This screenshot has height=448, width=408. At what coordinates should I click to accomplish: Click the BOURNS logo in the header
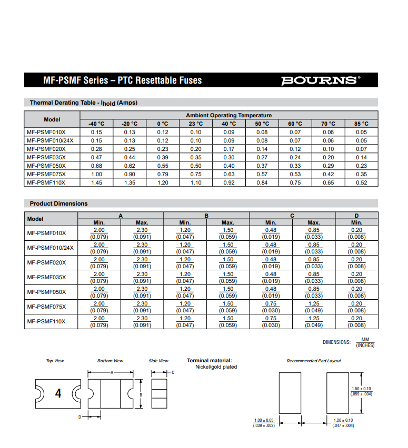pos(321,80)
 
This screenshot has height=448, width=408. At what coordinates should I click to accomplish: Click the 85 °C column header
pos(361,124)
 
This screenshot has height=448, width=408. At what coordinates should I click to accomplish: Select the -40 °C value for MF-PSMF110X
pos(96,182)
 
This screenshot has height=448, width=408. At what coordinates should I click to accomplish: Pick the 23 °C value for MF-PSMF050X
pos(196,166)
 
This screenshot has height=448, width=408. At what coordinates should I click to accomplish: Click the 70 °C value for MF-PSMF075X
pos(328,174)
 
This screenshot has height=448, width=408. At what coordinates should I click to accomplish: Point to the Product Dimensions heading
pos(58,203)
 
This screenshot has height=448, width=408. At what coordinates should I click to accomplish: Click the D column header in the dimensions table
pos(356,216)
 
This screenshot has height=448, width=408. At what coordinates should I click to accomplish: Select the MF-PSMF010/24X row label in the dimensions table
pos(51,247)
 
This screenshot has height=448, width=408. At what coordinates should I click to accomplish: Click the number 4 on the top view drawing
pos(58,393)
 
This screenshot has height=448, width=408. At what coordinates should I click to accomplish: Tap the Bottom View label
pos(110,361)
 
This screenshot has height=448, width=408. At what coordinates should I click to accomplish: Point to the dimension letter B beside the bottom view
pos(141,395)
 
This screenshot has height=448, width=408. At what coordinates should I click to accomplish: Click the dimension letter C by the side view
pos(173,373)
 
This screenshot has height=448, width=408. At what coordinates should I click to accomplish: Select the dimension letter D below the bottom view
pos(80,417)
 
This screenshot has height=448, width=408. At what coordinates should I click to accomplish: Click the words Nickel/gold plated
pos(216,367)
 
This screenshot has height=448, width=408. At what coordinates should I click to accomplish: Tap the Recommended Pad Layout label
pos(313,361)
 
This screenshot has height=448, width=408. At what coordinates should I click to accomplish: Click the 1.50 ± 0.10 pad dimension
pos(361,389)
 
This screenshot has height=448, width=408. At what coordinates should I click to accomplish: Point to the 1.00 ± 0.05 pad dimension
pos(264,420)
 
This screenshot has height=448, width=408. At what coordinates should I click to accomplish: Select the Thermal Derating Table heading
pos(83,103)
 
